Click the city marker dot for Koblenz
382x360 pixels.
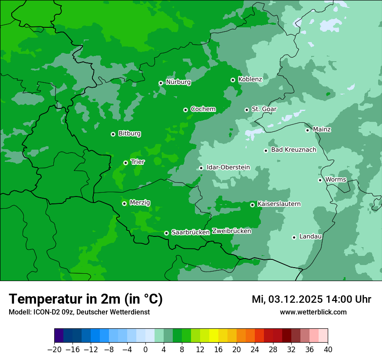click(x=233, y=80)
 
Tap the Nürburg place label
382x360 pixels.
click(x=178, y=82)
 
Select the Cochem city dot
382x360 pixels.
click(x=185, y=110)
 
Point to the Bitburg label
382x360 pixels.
click(x=129, y=134)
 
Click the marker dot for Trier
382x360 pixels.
click(x=125, y=163)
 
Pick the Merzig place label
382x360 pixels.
click(x=140, y=203)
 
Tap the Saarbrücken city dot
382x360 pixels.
click(x=166, y=233)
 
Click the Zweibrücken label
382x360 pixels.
click(x=231, y=231)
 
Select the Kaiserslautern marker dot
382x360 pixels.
click(x=252, y=205)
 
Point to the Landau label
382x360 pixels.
click(x=310, y=236)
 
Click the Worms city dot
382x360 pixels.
click(x=320, y=180)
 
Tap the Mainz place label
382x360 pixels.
click(x=322, y=129)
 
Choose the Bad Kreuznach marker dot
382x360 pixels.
click(x=266, y=151)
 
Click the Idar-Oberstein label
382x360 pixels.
click(x=228, y=167)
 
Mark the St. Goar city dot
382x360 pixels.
click(x=247, y=110)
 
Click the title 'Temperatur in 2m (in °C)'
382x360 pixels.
click(x=86, y=299)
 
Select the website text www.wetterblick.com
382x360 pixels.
click(x=313, y=312)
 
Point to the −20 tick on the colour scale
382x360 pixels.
click(x=54, y=350)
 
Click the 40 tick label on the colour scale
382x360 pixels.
click(x=328, y=350)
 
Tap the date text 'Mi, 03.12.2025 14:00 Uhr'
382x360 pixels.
click(x=311, y=299)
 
